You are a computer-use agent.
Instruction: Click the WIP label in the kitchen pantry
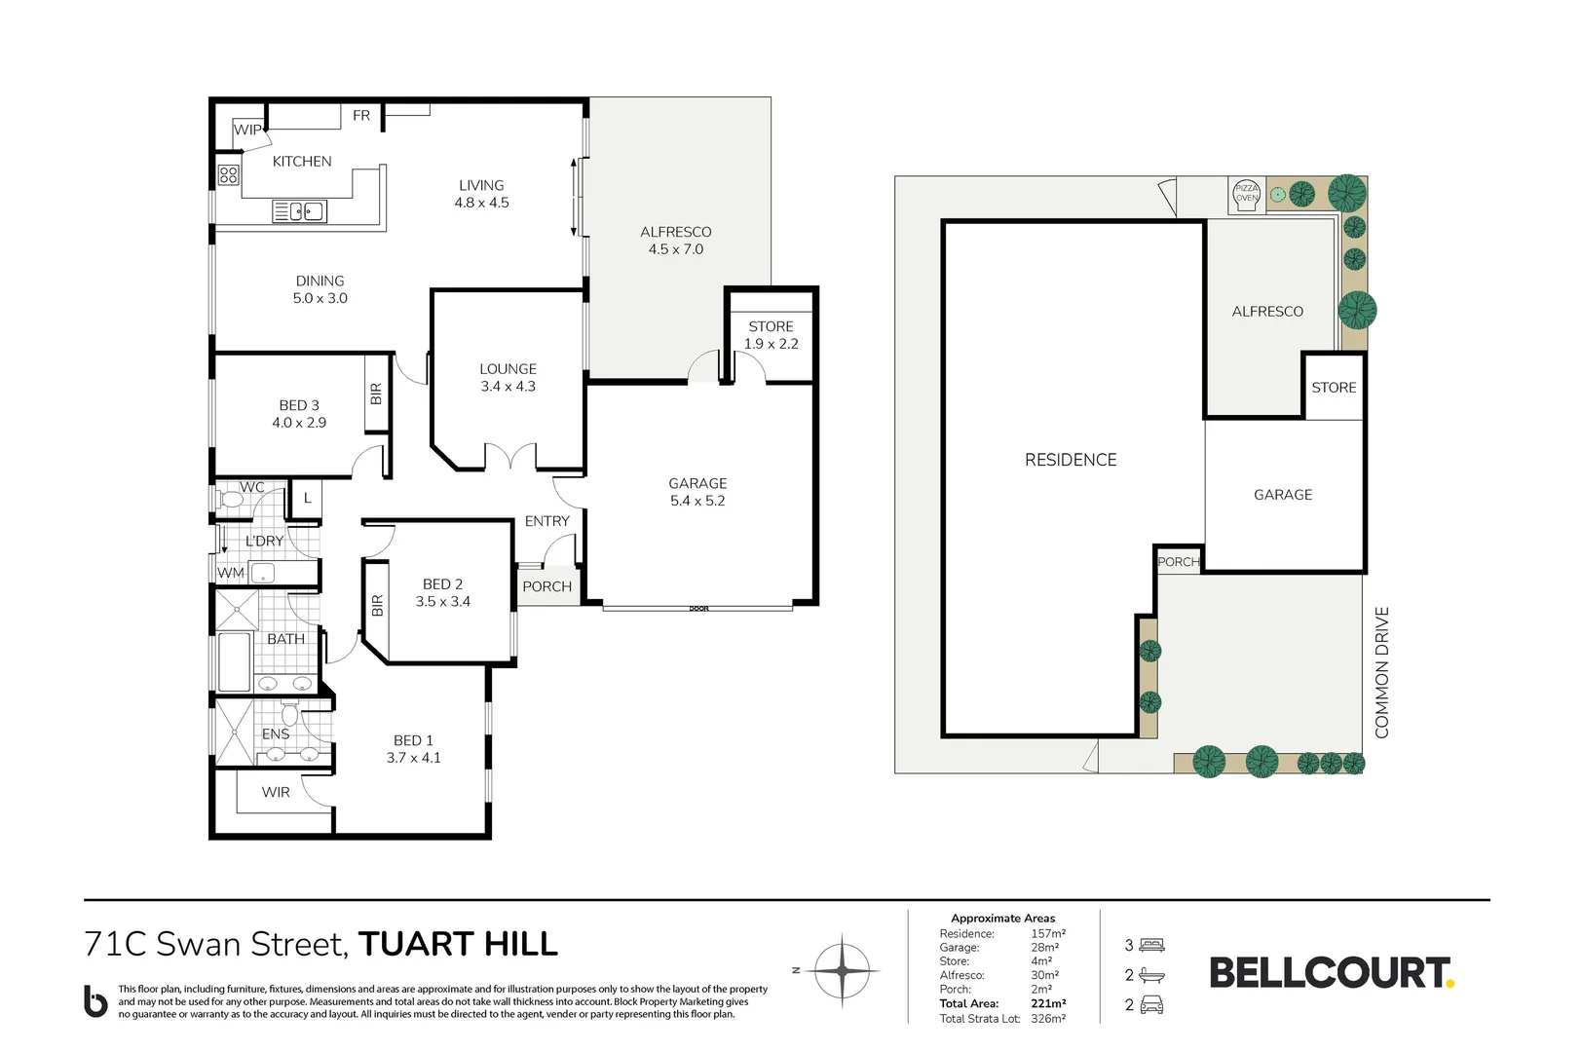tap(247, 130)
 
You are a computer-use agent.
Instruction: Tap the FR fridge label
tap(360, 115)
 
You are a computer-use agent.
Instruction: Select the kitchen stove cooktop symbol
tap(228, 174)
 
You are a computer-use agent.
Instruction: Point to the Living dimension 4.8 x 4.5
tap(481, 203)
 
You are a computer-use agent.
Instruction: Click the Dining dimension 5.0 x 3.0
tap(320, 298)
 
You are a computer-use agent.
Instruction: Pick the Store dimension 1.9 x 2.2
tap(772, 344)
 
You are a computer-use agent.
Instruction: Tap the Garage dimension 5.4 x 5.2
tap(697, 501)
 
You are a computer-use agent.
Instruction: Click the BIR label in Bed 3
tap(376, 394)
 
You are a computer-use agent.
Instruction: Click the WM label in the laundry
tap(231, 573)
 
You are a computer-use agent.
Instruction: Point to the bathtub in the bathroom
tap(234, 662)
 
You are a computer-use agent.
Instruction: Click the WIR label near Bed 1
tap(276, 792)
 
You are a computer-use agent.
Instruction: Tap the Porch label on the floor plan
tap(547, 586)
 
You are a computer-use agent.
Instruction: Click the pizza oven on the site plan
tap(1247, 194)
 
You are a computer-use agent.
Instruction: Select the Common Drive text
tap(1382, 673)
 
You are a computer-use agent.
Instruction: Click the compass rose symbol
tap(842, 971)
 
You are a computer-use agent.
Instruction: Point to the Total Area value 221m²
tap(1048, 1003)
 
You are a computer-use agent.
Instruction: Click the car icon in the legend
tap(1151, 1004)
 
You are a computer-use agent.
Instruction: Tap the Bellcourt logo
tap(1332, 973)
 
